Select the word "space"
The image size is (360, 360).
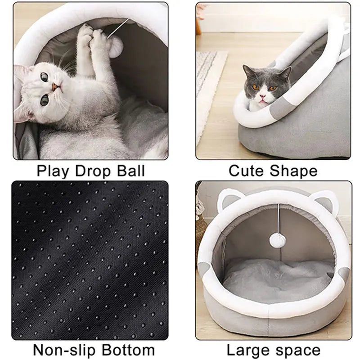299,350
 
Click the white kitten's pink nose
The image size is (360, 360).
54,86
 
